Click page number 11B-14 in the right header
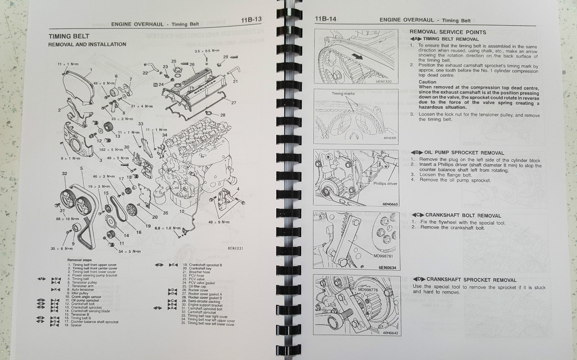pos(326,19)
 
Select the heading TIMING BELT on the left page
pos(69,36)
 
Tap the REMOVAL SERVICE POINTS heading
pos(448,32)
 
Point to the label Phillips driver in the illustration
pos(385,183)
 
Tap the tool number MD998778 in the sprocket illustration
pos(367,289)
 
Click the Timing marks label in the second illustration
pos(343,94)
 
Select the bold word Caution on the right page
pos(427,82)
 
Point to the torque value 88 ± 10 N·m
pos(67,219)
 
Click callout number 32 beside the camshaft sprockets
pos(64,174)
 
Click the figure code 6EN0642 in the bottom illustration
pos(390,333)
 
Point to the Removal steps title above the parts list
pos(79,260)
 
